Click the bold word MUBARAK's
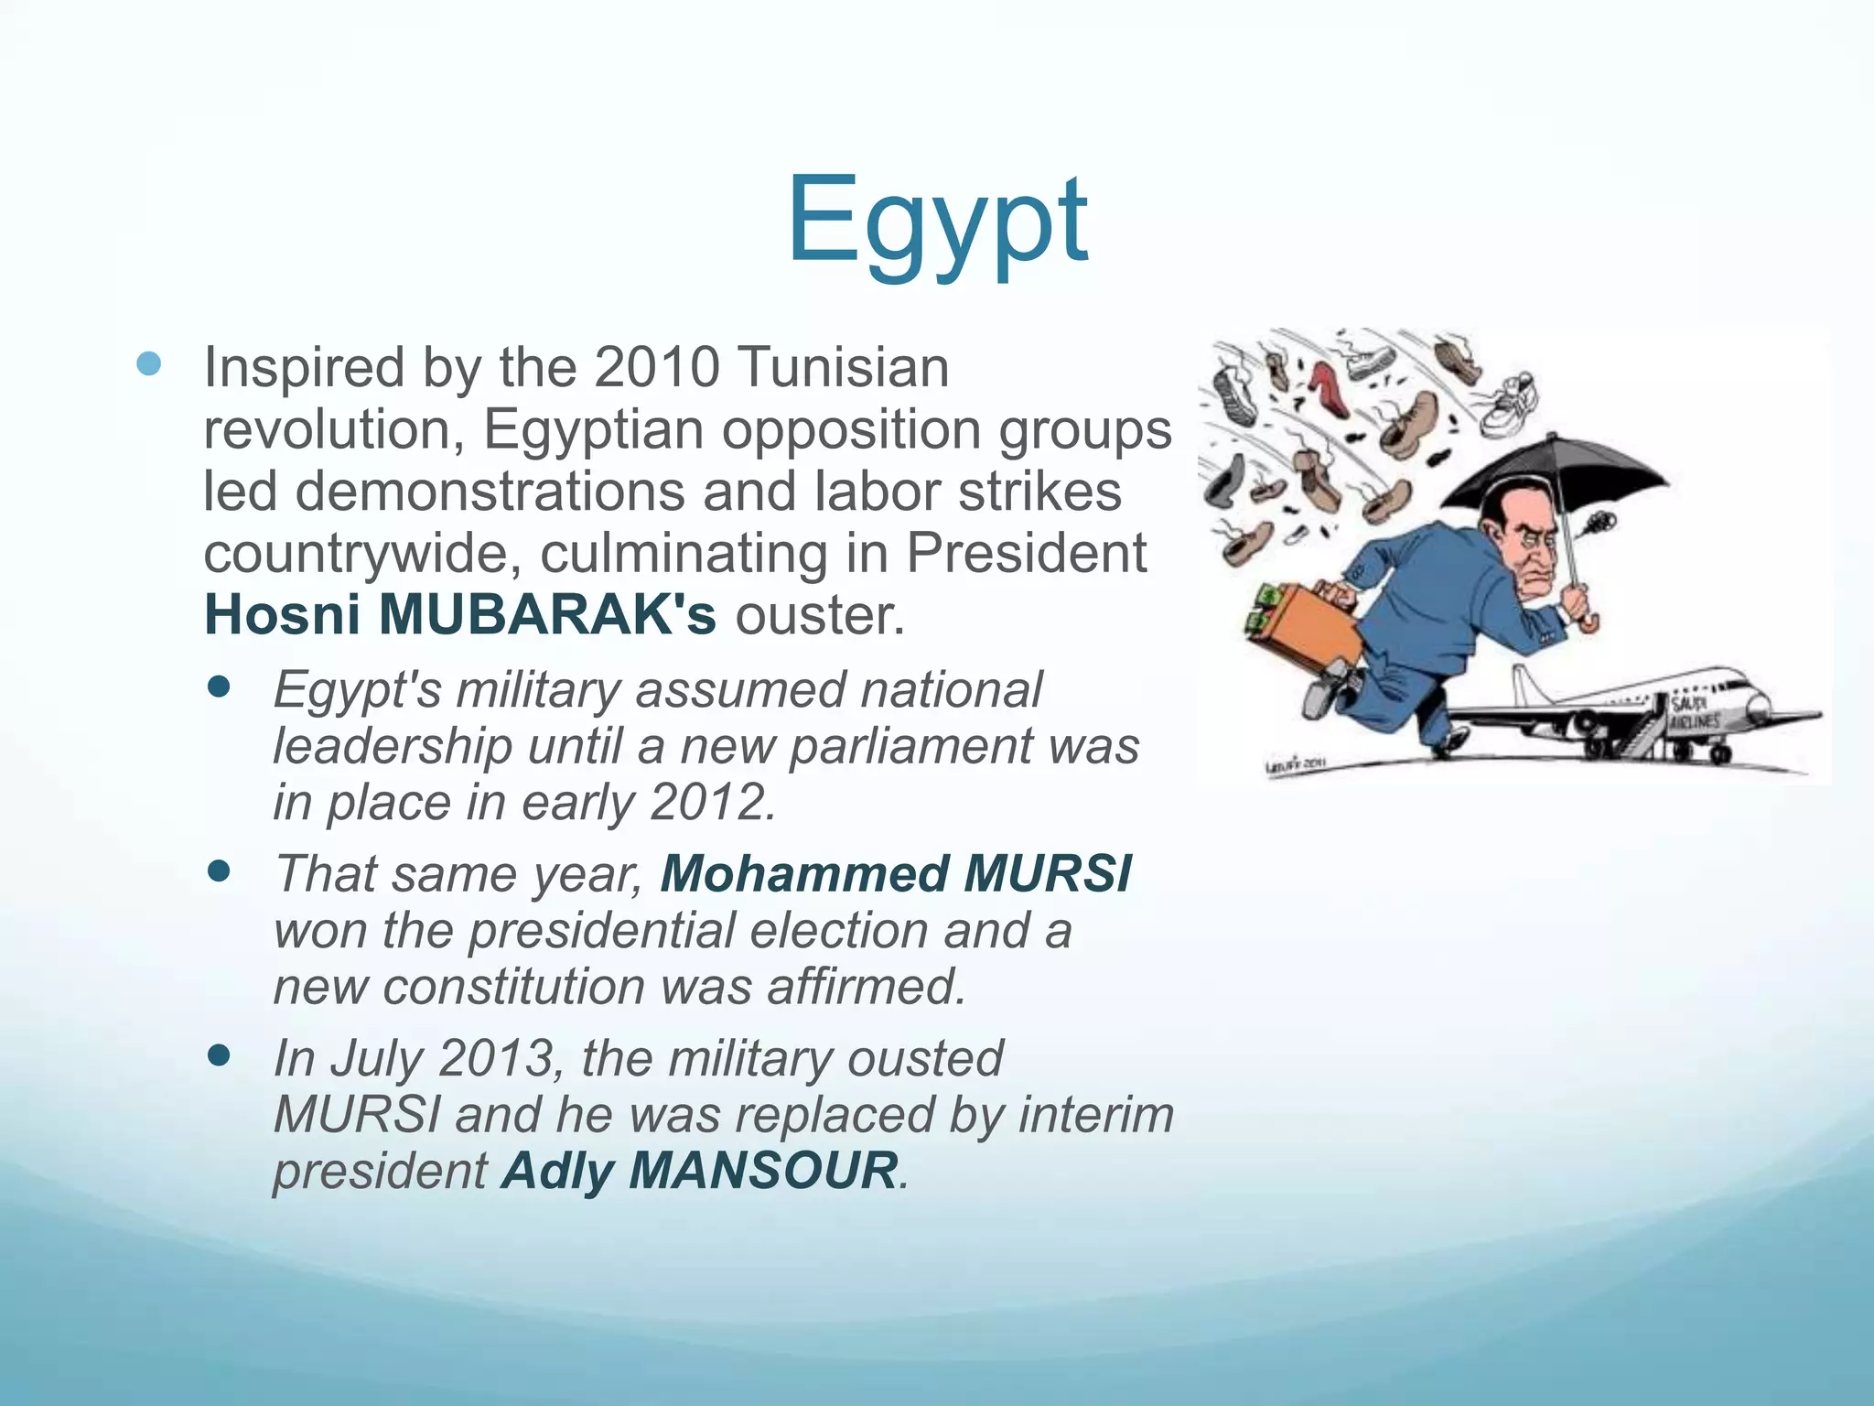547,614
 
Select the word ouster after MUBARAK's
819,615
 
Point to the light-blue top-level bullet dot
148,365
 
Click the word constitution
512,987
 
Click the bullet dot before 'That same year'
219,871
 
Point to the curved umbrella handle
1589,622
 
